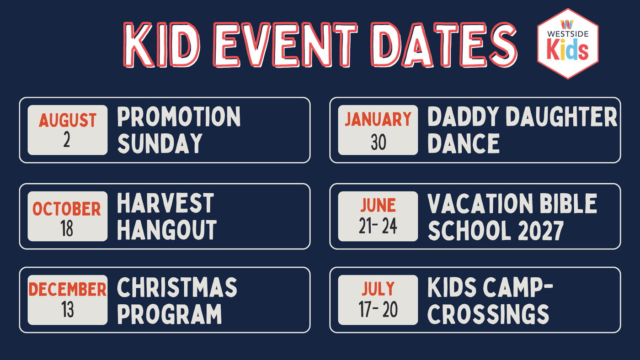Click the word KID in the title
point(162,45)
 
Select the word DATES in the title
point(444,45)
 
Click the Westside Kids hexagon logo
point(568,44)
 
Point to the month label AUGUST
point(68,120)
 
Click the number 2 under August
point(67,140)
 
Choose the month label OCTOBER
point(67,209)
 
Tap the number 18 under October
point(67,228)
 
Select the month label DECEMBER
point(68,290)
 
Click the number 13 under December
point(68,310)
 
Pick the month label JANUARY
point(378,119)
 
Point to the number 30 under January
point(379,142)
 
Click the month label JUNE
point(378,205)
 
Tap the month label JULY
point(378,289)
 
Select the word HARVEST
point(165,203)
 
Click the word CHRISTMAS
point(177,287)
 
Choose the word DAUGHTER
point(562,116)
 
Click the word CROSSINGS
point(488,314)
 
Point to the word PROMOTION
point(179,116)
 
